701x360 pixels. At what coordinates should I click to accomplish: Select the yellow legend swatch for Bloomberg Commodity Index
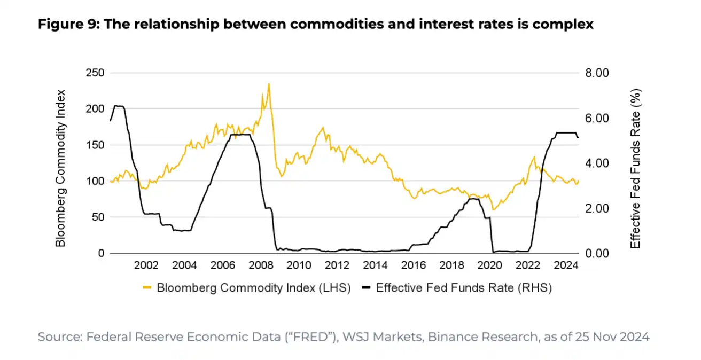pyautogui.click(x=148, y=288)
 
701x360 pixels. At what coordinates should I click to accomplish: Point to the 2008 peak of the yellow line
pyautogui.click(x=268, y=84)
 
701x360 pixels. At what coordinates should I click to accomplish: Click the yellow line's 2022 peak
pyautogui.click(x=534, y=157)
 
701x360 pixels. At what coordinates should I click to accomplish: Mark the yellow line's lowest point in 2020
pyautogui.click(x=493, y=209)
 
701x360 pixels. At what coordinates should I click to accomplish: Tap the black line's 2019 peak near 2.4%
pyautogui.click(x=473, y=199)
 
